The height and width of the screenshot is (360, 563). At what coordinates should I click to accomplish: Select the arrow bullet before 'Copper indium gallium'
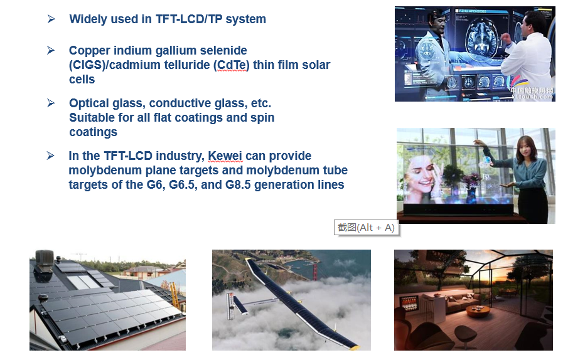(x=51, y=50)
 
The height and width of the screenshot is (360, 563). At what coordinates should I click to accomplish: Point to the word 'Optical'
(x=88, y=103)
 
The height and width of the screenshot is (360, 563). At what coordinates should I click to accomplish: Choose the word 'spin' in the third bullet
(x=262, y=118)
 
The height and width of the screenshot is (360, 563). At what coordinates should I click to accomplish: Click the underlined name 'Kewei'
(x=225, y=156)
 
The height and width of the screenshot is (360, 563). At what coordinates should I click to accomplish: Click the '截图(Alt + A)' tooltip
(x=366, y=228)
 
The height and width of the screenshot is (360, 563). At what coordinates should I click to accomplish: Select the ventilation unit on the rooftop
(x=45, y=258)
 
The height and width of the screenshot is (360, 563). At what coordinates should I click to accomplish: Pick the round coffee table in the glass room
(x=478, y=311)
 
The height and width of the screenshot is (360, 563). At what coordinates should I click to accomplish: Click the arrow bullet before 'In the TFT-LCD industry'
(x=51, y=156)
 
